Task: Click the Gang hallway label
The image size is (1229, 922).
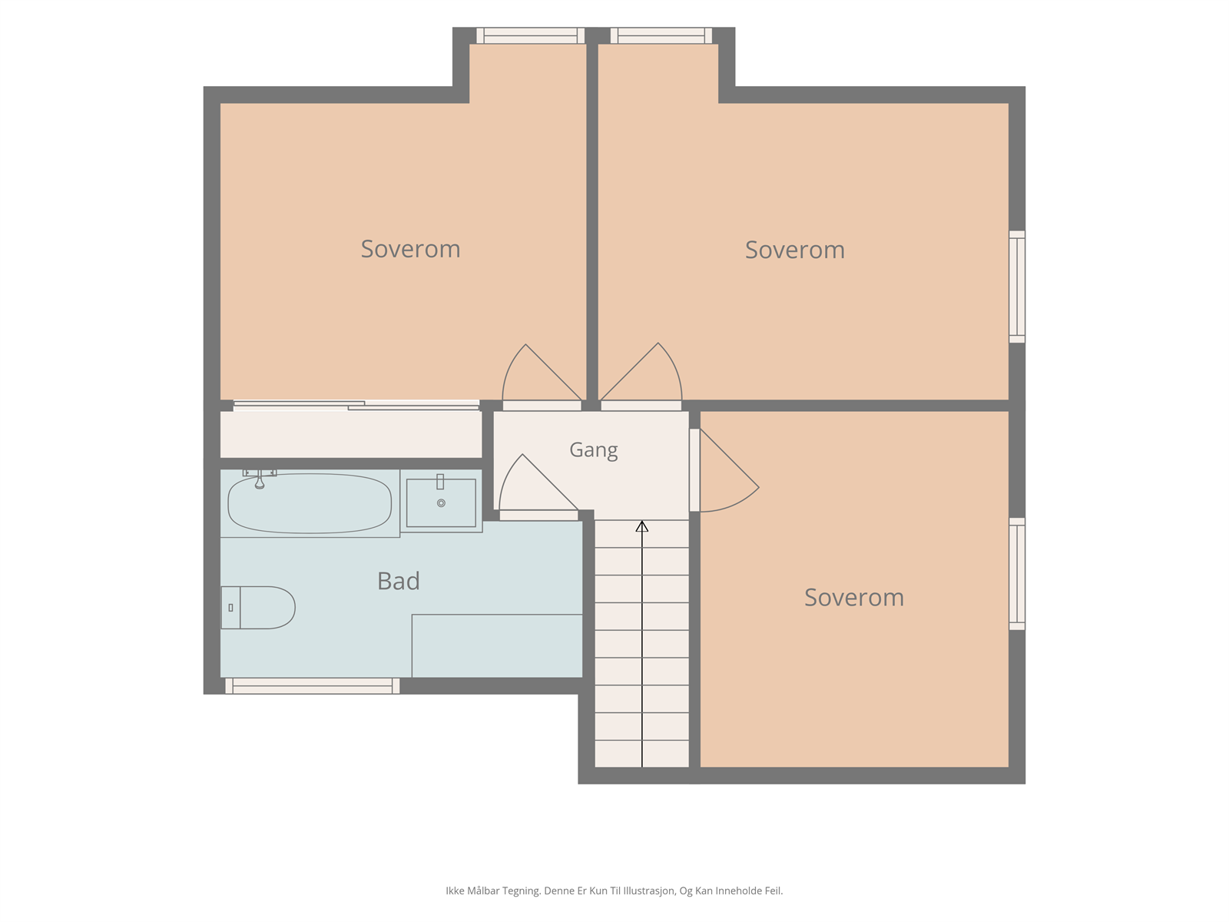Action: tap(594, 450)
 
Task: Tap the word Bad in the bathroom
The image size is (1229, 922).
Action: tap(398, 581)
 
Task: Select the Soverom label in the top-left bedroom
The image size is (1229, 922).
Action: tap(410, 249)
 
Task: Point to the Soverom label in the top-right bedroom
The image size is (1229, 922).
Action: tap(794, 250)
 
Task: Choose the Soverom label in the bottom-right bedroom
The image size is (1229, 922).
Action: tap(854, 597)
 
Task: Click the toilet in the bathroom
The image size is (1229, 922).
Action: tap(258, 608)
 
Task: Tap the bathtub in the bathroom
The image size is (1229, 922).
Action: tap(310, 503)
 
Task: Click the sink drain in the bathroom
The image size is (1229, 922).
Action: tap(441, 503)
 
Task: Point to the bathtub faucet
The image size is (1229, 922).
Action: tap(259, 479)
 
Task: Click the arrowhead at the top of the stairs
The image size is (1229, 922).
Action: tap(641, 526)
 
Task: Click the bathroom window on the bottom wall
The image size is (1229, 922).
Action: tap(313, 686)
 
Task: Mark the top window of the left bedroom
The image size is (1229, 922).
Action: tap(530, 35)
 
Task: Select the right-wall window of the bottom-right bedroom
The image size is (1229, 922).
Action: tap(1017, 574)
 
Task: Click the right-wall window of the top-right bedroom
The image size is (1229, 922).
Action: tap(1017, 287)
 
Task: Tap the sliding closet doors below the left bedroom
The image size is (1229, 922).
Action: tap(356, 406)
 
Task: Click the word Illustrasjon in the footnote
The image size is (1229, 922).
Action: tap(649, 890)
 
